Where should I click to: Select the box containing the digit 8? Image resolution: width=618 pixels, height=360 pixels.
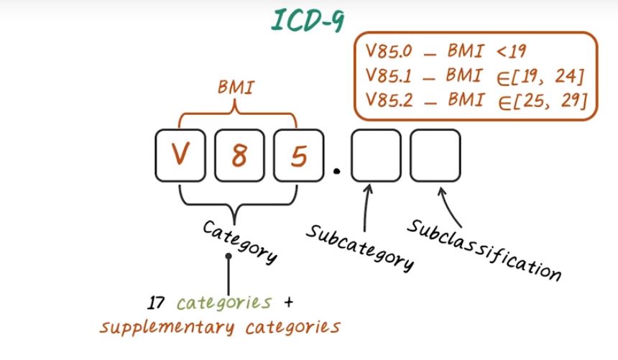click(239, 154)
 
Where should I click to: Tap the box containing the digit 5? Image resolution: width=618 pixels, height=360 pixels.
click(298, 154)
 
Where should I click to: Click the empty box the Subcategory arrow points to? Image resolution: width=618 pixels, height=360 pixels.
click(377, 154)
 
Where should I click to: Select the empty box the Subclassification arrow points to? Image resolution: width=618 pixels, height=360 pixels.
click(435, 154)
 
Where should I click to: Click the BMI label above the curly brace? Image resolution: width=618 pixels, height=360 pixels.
click(236, 88)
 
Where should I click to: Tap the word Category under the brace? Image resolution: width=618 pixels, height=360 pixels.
click(239, 241)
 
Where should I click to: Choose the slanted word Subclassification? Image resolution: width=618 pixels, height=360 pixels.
click(484, 248)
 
